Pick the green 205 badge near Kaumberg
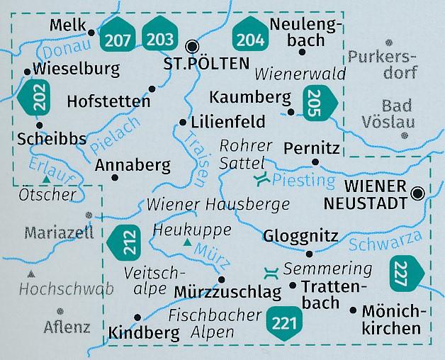point(316,99)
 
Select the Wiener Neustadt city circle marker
point(419,192)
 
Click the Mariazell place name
point(58,232)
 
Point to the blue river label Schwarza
point(380,243)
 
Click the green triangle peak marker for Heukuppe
point(186,243)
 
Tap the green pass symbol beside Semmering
point(270,271)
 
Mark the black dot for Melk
point(91,33)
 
